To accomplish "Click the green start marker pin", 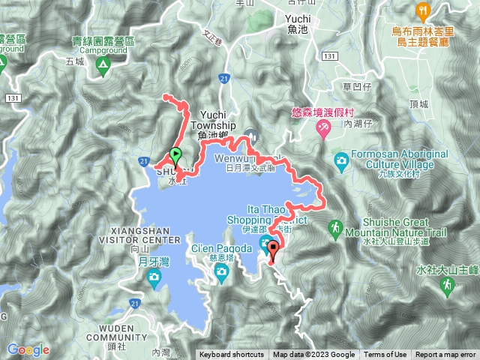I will click(x=175, y=155).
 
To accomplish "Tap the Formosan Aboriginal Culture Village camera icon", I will click(x=341, y=160).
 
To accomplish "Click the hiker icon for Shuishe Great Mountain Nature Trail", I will click(x=335, y=227).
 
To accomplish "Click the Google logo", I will click(x=28, y=349).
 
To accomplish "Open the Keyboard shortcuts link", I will click(x=232, y=355).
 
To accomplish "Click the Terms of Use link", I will click(x=385, y=355).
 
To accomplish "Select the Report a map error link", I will click(x=446, y=355).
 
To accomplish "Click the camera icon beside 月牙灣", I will click(x=154, y=280).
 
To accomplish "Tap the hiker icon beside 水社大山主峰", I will click(x=447, y=284).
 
